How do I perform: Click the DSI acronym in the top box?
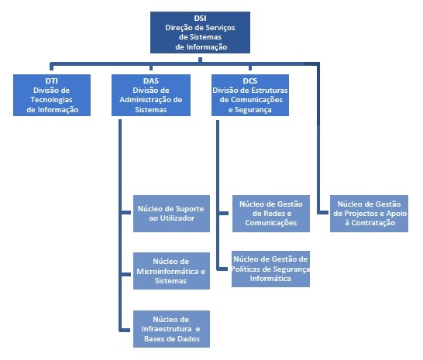tap(200, 18)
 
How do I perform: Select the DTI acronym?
tap(52, 81)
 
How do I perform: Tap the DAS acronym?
tap(151, 81)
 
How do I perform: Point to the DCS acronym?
tap(250, 81)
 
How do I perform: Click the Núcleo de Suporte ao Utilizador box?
tap(171, 214)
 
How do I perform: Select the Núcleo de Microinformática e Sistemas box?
tap(171, 271)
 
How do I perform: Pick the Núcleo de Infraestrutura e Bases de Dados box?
tap(171, 329)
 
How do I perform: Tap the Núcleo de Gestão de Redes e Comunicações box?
tap(271, 214)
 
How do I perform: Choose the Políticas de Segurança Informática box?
tap(270, 269)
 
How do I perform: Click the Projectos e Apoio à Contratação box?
tap(369, 214)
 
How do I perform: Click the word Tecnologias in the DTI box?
tap(51, 100)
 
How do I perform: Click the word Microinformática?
tap(167, 271)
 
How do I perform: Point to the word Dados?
tap(189, 338)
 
